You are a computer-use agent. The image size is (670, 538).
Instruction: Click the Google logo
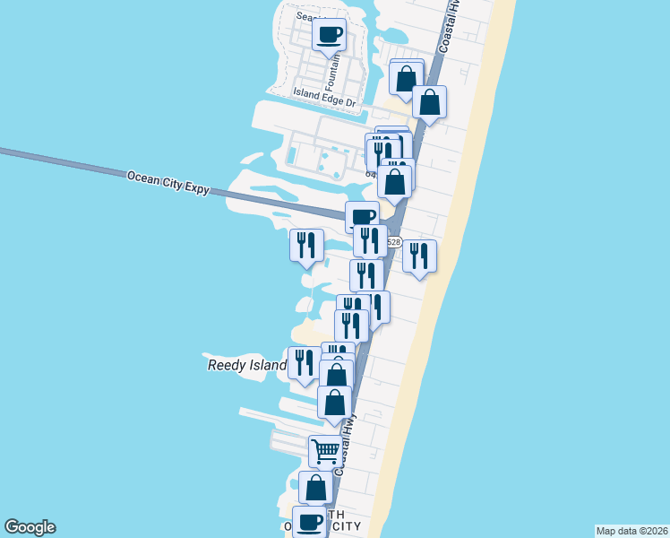pyautogui.click(x=30, y=527)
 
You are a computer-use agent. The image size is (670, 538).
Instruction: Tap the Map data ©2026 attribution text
pyautogui.click(x=632, y=531)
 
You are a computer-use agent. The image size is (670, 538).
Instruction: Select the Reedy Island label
pyautogui.click(x=246, y=365)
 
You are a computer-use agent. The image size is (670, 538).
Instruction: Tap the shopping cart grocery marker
pyautogui.click(x=324, y=450)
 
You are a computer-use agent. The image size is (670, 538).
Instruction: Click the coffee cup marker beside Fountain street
pyautogui.click(x=330, y=35)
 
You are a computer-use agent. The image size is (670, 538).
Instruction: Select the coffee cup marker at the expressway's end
pyautogui.click(x=362, y=217)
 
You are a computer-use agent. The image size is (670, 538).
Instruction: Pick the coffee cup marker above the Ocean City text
pyautogui.click(x=310, y=520)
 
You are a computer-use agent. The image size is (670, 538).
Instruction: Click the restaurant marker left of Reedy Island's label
pyautogui.click(x=303, y=362)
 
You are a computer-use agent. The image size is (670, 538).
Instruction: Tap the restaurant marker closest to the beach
pyautogui.click(x=419, y=256)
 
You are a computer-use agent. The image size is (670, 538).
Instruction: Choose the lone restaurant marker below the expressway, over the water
pyautogui.click(x=306, y=245)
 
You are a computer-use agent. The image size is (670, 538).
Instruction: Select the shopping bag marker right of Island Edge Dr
pyautogui.click(x=430, y=102)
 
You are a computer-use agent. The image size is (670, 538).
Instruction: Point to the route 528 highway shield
pyautogui.click(x=394, y=242)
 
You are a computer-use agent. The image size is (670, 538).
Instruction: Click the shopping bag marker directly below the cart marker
pyautogui.click(x=315, y=488)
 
